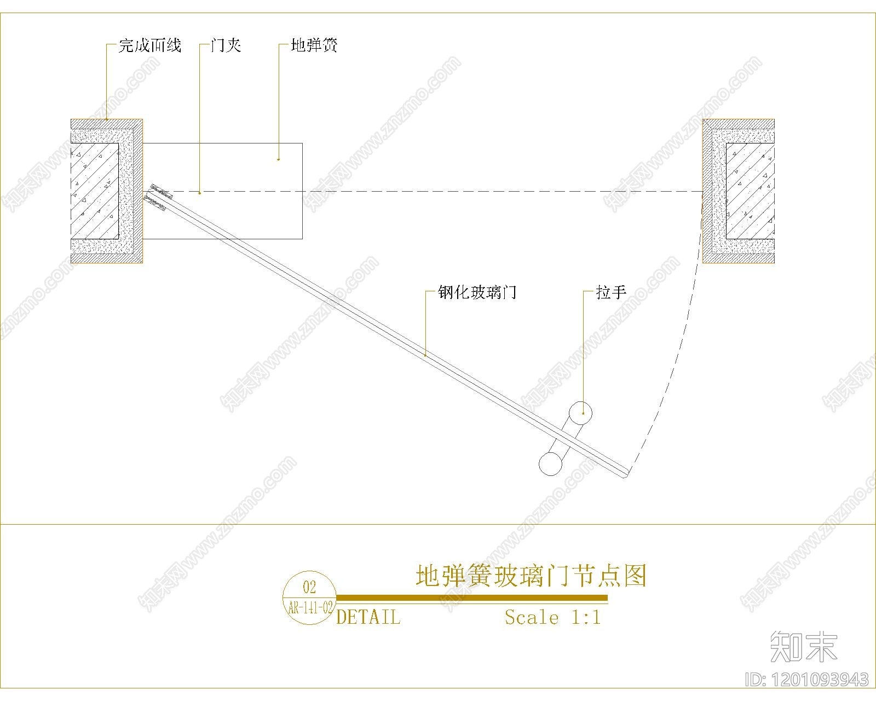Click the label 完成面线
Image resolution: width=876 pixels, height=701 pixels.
149,45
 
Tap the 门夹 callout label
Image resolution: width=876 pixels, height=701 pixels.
226,45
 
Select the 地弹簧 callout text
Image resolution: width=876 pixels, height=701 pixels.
314,45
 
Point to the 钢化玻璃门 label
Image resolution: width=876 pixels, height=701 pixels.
477,292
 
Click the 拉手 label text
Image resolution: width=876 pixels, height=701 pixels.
610,292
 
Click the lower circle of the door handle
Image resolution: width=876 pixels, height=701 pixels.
550,463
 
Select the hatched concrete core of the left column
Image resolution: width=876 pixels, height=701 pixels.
95,191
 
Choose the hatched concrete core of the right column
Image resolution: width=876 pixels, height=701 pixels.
750,191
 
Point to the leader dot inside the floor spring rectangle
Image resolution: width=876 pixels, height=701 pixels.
279,159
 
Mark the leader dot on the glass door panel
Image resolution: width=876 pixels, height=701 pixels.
426,355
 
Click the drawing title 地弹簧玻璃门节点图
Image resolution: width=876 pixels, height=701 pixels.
531,576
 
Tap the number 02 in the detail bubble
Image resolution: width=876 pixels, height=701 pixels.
309,587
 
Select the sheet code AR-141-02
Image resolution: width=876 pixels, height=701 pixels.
310,608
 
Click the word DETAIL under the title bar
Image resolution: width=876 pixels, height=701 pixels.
368,617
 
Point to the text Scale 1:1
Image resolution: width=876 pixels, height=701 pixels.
553,617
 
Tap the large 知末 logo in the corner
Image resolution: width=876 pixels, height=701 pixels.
804,646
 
